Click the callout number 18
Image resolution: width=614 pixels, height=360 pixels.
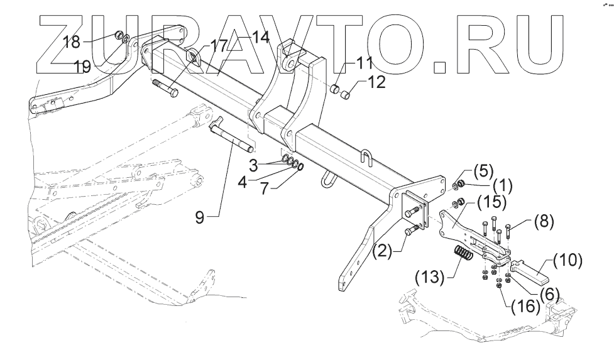coord(72,43)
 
